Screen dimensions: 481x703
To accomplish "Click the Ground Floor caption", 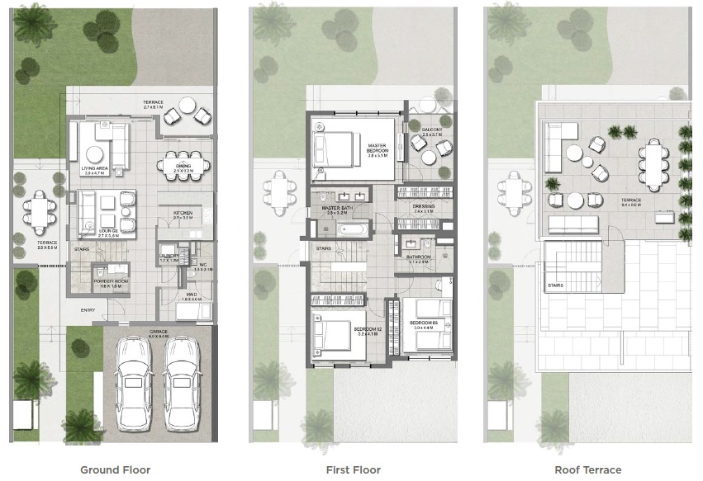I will point(116,469).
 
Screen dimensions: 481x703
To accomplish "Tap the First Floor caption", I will point(354,469).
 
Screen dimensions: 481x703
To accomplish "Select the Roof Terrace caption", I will point(587,469).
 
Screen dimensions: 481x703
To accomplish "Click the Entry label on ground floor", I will point(88,310).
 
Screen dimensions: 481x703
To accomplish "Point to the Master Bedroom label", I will point(378,150).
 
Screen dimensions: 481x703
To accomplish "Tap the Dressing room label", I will point(424,208).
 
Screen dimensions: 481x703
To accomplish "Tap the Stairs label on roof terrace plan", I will point(555,286).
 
